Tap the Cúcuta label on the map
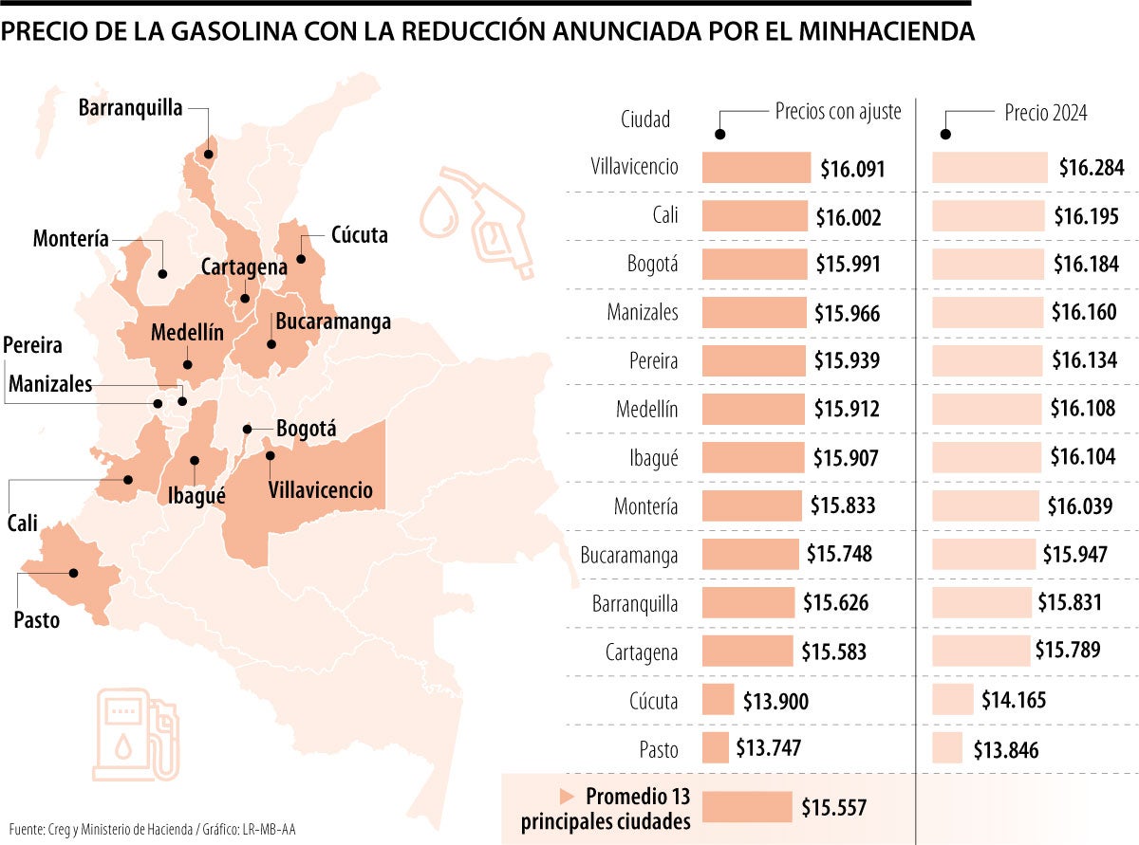(x=360, y=234)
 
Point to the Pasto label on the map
(x=37, y=620)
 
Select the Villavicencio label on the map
(x=321, y=490)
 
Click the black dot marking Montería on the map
(x=162, y=274)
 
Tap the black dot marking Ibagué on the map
(x=195, y=461)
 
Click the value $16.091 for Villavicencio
(x=852, y=170)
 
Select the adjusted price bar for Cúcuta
(x=718, y=700)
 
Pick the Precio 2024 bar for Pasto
(x=947, y=748)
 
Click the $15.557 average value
(x=833, y=808)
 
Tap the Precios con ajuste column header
(x=837, y=112)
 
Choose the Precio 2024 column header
(x=1046, y=113)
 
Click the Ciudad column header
(x=645, y=119)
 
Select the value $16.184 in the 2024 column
(x=1086, y=265)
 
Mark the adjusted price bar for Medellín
(x=756, y=409)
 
